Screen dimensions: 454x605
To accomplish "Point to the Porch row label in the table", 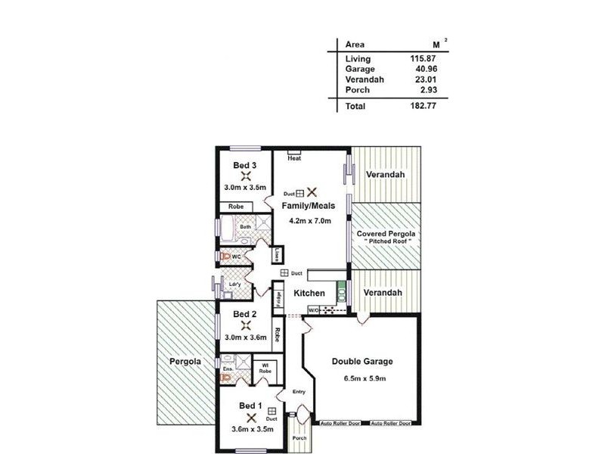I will tap(357, 90).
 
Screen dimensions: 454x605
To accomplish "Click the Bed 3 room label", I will tap(244, 166).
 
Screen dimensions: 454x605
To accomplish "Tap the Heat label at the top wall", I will tap(294, 158).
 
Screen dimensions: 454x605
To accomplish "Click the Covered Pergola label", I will tap(386, 235).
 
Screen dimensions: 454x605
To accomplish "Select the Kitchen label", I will tap(310, 293).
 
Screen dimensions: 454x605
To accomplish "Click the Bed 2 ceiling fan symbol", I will tap(244, 325).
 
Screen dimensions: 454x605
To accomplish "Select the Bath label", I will tap(246, 226).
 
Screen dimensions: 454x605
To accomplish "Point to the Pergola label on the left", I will tap(185, 362).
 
